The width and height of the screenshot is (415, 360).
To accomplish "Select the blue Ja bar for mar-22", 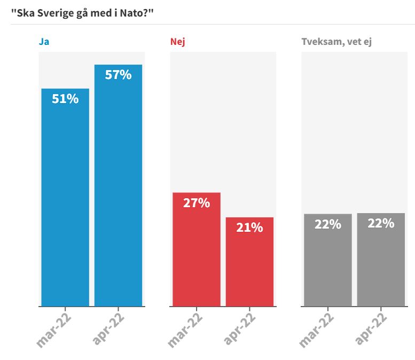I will point(65,203).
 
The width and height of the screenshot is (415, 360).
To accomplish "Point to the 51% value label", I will point(65,99).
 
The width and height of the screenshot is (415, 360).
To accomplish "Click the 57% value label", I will point(118,75).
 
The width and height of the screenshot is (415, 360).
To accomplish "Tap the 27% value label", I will point(196,203).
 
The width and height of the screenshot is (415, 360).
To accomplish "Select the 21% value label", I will point(249,228).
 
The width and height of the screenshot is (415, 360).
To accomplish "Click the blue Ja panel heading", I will point(44,42).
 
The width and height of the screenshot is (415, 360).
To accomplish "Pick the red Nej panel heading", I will point(177,42).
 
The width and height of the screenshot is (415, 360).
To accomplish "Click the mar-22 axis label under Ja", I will point(54,329).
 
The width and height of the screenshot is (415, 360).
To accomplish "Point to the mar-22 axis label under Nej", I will point(186,329).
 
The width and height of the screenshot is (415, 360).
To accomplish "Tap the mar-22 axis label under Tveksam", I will point(317,329).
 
